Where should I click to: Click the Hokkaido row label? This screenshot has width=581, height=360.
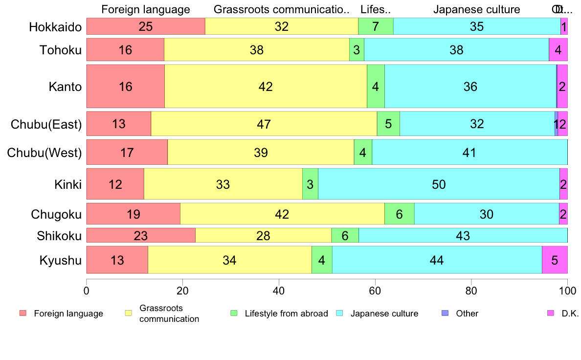[x=55, y=27]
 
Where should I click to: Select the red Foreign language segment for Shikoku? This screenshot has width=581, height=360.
[x=141, y=235]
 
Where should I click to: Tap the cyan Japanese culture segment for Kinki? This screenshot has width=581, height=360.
[x=438, y=184]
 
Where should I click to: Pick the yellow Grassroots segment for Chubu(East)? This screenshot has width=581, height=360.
[x=264, y=124]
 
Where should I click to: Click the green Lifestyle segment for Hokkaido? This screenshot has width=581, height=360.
[x=376, y=26]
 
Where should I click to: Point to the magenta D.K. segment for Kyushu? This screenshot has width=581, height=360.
[x=555, y=260]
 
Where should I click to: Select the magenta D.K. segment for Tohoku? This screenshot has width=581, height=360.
[x=558, y=49]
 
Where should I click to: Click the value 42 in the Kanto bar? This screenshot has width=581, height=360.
[x=266, y=87]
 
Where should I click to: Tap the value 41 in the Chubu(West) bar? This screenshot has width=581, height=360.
[x=469, y=153]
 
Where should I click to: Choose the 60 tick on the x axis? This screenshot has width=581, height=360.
[x=375, y=290]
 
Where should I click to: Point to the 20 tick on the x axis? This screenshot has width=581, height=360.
[x=182, y=290]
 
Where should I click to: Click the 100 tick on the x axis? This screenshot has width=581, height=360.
[x=567, y=290]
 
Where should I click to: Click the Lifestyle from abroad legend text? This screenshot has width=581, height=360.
[x=286, y=314]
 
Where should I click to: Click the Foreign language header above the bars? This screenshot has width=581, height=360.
[x=145, y=9]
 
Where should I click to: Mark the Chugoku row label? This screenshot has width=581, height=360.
[x=56, y=214]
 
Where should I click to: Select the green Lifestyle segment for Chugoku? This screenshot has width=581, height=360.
[x=399, y=214]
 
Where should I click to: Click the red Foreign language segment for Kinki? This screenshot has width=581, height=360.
[x=115, y=184]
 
